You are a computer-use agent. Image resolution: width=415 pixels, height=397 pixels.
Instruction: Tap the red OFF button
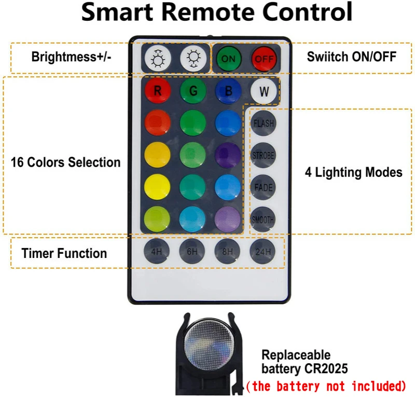tap(264, 59)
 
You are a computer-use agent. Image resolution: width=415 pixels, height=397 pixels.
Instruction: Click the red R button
tap(158, 92)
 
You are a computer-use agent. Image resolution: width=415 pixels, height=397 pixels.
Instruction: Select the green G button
tap(193, 92)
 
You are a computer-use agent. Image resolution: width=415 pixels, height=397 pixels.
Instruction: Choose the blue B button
tap(228, 92)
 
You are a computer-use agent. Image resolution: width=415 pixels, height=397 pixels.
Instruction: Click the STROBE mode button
tap(264, 155)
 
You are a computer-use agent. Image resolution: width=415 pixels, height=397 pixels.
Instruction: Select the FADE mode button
tap(264, 187)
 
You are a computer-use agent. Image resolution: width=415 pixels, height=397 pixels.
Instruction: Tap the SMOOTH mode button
tap(264, 219)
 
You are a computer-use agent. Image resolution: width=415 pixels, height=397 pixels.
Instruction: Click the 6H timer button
tap(192, 252)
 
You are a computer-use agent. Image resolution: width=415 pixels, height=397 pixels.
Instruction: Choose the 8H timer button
tap(228, 252)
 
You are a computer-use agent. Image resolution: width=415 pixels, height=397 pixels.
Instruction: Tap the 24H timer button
tap(262, 252)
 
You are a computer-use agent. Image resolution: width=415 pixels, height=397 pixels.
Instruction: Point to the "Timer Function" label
tap(64, 253)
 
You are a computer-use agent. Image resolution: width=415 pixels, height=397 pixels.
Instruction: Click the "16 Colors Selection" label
tap(65, 162)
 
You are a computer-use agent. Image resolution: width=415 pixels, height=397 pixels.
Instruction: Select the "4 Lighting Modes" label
tap(353, 172)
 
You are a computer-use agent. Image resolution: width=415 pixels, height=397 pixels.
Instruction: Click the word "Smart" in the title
tap(120, 12)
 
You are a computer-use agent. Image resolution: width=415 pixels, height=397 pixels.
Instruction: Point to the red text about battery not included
tap(325, 386)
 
